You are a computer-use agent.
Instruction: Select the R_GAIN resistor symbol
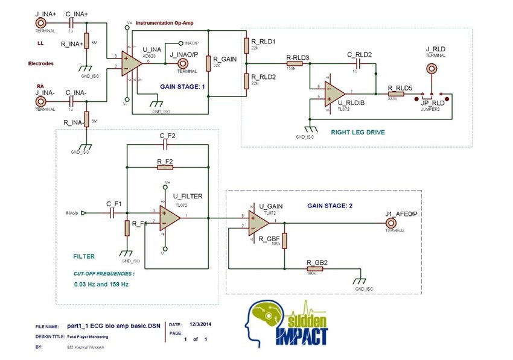click(208, 64)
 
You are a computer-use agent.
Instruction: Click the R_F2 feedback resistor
click(165, 167)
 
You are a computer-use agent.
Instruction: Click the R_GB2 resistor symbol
click(314, 269)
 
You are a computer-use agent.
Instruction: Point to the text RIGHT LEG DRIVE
click(358, 131)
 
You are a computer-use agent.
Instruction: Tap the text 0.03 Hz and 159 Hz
click(101, 283)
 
